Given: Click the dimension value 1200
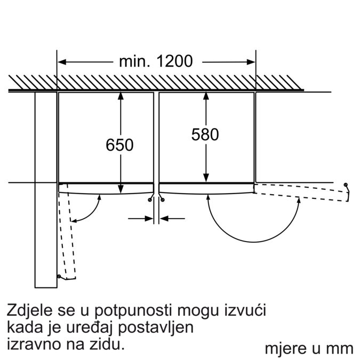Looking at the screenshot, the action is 174,61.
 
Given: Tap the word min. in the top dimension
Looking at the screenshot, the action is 134,61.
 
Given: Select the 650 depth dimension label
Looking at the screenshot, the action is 119,145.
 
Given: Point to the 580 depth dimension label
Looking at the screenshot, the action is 205,134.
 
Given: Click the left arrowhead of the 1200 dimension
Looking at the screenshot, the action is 62,62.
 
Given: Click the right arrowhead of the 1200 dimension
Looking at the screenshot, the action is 251,62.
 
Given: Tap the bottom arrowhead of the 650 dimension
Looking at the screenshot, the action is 121,189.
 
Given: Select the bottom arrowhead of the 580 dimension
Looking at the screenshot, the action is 206,178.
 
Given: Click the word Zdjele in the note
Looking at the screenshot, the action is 30,310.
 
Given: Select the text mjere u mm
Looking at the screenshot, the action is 309,349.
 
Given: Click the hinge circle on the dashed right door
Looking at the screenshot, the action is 346,185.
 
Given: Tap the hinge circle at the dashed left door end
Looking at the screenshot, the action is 59,276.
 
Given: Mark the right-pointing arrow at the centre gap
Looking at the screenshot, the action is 140,219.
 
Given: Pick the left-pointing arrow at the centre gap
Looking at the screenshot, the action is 172,219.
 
